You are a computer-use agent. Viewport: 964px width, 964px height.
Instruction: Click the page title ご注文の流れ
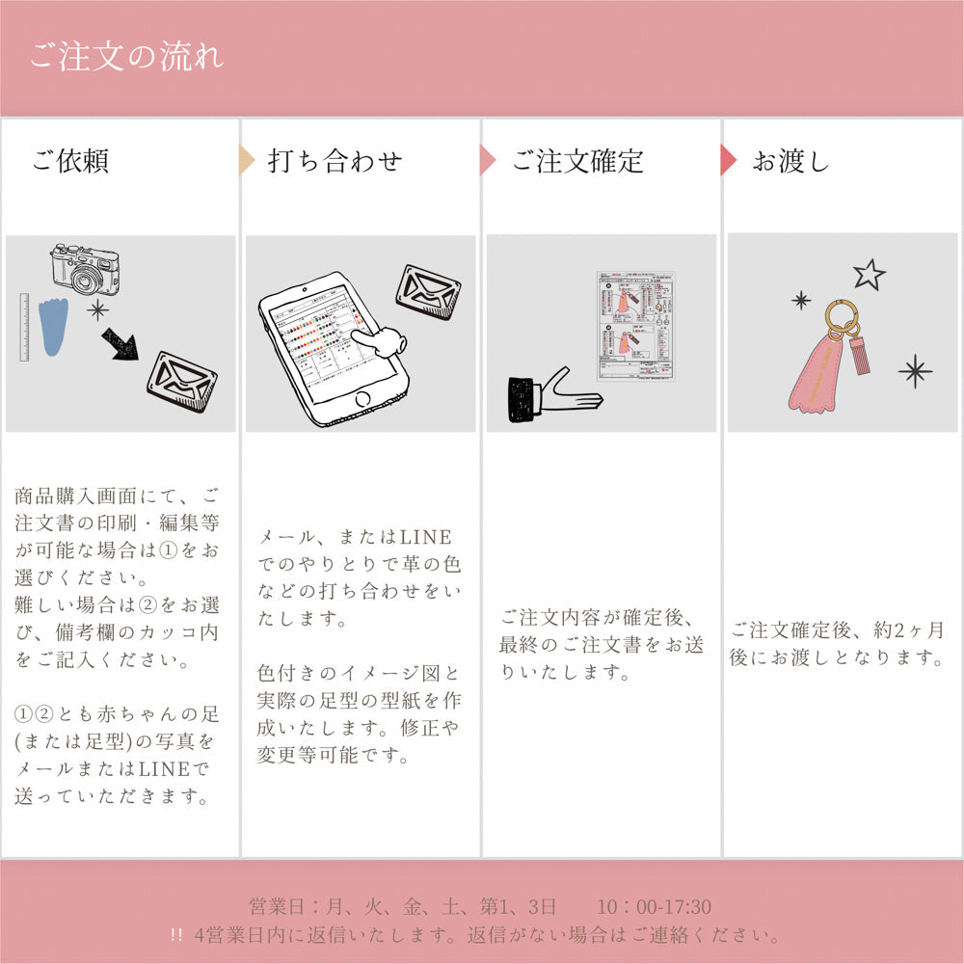[126, 56]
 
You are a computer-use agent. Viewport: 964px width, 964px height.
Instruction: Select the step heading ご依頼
[69, 161]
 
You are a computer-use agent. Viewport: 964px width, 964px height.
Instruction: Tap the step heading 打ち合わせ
[334, 161]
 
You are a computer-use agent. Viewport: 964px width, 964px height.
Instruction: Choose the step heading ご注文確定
[576, 161]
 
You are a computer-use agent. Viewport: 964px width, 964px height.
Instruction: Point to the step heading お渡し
[790, 161]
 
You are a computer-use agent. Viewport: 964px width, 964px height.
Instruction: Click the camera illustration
[85, 269]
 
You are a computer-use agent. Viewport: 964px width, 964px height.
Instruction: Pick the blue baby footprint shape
[57, 326]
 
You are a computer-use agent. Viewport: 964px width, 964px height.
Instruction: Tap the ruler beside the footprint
[24, 328]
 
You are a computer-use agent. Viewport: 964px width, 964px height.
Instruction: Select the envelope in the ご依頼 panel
[181, 381]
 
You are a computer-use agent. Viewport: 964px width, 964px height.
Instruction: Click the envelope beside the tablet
[428, 292]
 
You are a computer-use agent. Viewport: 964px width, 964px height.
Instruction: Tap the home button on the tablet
[361, 398]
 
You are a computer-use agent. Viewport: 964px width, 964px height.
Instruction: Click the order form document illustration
[634, 326]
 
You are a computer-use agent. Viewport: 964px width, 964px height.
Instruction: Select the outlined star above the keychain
[869, 275]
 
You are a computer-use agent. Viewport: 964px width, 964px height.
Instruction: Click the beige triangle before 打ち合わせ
[247, 160]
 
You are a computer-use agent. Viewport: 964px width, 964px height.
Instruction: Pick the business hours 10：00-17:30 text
[654, 907]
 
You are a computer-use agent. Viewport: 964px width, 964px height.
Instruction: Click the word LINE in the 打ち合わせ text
[425, 537]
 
